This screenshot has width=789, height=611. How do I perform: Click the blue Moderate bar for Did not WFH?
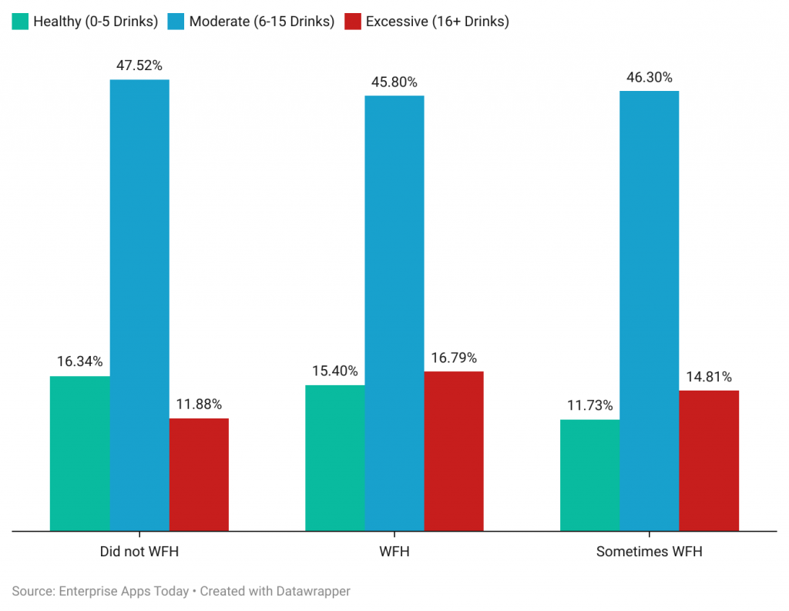[139, 305]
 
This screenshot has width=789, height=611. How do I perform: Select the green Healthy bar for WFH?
[335, 458]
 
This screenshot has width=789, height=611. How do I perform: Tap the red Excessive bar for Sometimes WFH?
[709, 461]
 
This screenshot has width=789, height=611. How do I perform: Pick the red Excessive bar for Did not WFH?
[199, 475]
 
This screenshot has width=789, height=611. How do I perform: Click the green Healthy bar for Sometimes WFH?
[589, 475]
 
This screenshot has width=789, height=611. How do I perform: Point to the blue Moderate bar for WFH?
[394, 313]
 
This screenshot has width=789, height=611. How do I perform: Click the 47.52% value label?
[139, 65]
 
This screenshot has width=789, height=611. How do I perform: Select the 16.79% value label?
[454, 358]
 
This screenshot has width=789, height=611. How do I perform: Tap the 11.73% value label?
[589, 405]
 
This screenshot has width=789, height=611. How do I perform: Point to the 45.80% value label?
[394, 82]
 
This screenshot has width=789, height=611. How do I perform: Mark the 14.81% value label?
[709, 377]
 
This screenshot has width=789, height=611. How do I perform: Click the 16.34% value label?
[79, 361]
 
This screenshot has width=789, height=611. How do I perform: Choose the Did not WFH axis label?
[139, 552]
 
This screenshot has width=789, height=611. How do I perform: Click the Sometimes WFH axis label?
[650, 552]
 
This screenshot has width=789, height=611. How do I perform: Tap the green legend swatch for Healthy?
[20, 22]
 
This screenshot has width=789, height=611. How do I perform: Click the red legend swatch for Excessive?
[353, 22]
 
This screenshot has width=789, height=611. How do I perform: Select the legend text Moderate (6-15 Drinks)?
[261, 22]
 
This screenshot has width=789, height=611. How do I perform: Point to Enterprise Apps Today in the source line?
[123, 591]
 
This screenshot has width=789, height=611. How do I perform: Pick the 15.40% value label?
[335, 371]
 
